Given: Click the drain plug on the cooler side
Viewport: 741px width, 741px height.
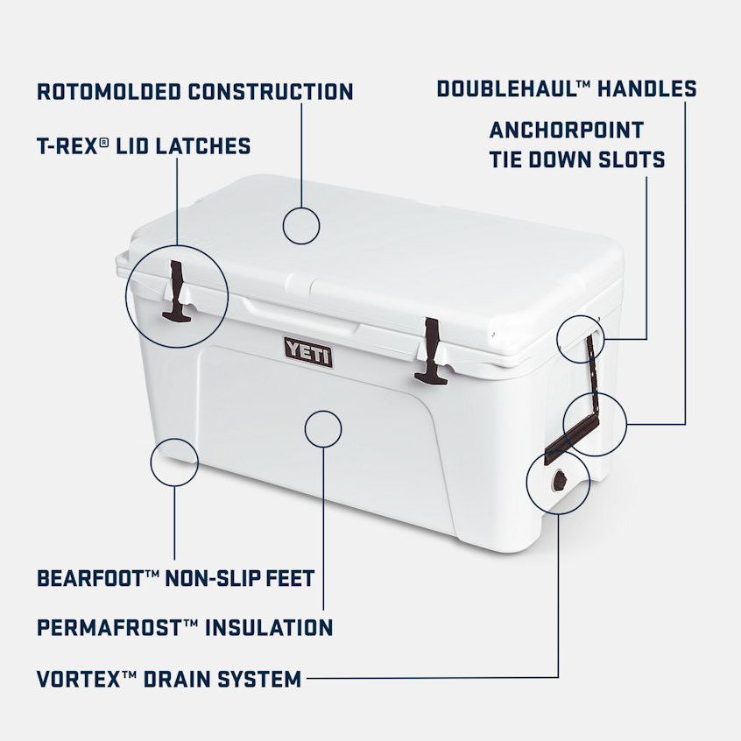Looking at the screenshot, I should (x=558, y=481).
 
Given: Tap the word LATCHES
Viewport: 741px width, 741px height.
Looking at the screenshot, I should (x=203, y=146).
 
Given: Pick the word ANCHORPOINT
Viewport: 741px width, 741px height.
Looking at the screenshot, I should (x=567, y=131).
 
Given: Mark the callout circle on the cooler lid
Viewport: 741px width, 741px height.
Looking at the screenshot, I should (x=301, y=225).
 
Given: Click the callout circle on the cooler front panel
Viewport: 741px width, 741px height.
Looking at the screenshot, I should (x=322, y=427).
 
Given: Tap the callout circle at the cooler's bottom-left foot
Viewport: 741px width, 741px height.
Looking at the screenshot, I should (x=174, y=462).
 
